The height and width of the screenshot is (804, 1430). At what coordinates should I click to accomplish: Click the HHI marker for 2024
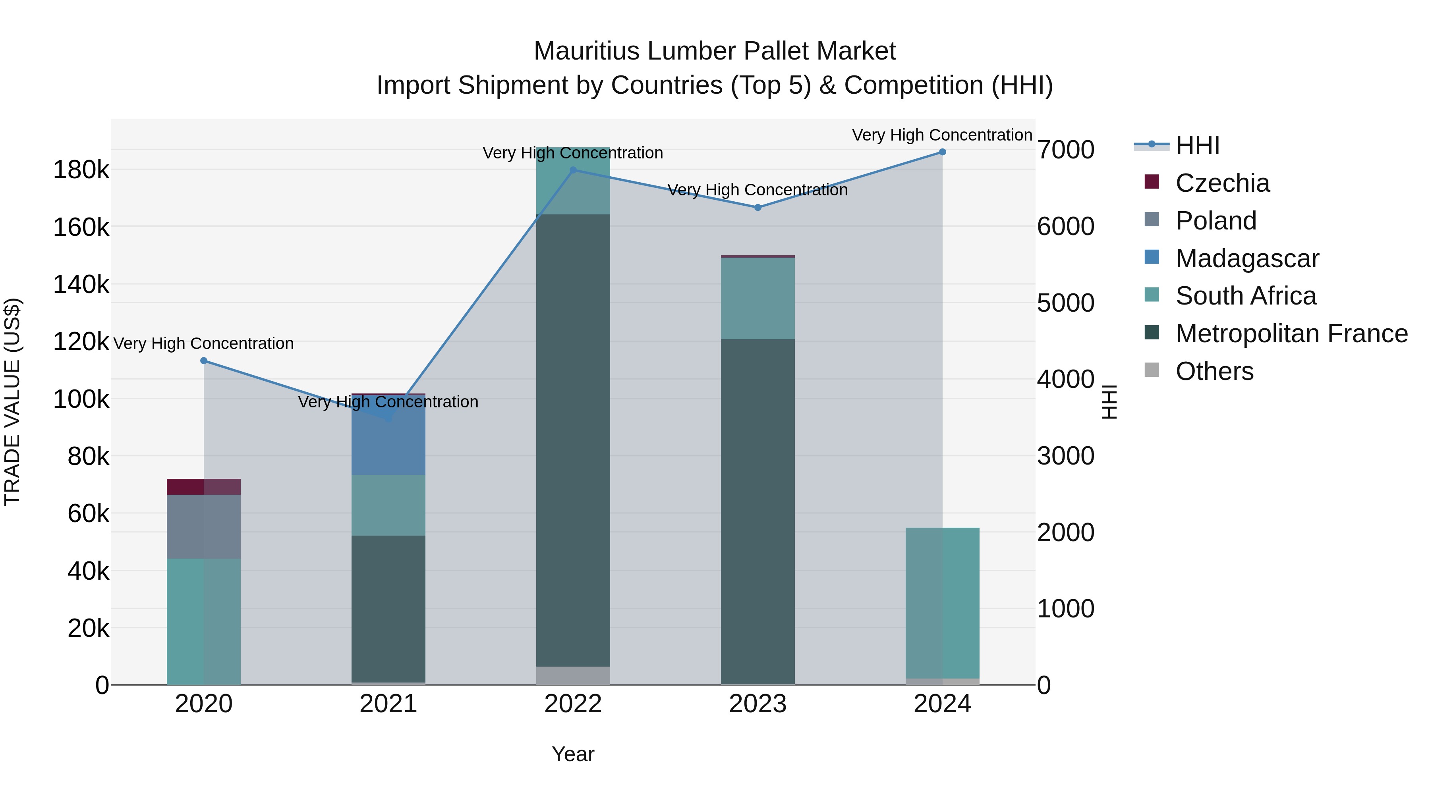pyautogui.click(x=942, y=152)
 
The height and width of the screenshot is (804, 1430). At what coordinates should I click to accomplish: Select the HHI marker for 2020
pyautogui.click(x=204, y=361)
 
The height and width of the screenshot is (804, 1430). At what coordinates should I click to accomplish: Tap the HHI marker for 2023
pyautogui.click(x=758, y=208)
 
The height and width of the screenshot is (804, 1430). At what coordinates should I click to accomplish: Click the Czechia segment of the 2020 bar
pyautogui.click(x=204, y=487)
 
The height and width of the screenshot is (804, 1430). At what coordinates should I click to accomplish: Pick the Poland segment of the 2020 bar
pyautogui.click(x=204, y=526)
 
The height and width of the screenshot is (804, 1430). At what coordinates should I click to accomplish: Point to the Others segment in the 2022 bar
pyautogui.click(x=573, y=675)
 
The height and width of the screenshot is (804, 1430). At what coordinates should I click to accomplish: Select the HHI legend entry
pyautogui.click(x=1197, y=145)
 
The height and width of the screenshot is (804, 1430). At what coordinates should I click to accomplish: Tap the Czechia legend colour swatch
pyautogui.click(x=1152, y=182)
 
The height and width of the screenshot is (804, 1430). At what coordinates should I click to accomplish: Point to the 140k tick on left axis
pyautogui.click(x=81, y=285)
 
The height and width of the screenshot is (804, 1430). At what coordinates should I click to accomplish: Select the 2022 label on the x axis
pyautogui.click(x=573, y=704)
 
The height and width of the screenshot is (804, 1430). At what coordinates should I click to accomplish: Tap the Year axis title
pyautogui.click(x=573, y=754)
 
